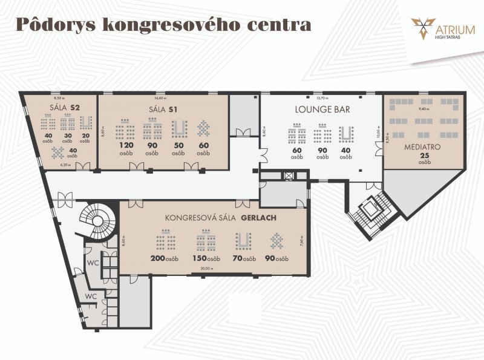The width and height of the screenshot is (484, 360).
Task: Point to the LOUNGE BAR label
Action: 321,110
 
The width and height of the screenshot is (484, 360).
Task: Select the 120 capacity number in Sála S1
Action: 125,146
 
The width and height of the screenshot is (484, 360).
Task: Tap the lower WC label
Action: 90,296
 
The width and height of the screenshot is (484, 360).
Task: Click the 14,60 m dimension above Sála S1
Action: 160,97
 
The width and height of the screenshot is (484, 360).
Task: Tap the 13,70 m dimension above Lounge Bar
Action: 321,97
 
